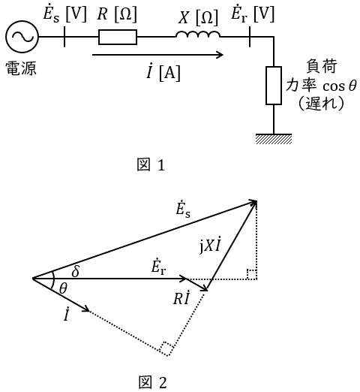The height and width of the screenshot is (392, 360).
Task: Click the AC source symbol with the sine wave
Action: (x=22, y=37)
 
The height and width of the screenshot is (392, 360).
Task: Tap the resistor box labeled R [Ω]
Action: (x=118, y=37)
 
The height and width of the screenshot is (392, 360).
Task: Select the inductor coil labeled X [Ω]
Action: (x=198, y=35)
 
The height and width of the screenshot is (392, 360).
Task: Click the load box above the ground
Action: (x=274, y=86)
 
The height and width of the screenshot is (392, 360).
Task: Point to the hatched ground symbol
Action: (x=274, y=139)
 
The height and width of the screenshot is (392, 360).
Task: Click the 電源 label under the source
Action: (x=21, y=68)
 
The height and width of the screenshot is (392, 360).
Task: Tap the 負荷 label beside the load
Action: (x=322, y=66)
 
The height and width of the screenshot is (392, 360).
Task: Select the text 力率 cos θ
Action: (x=321, y=86)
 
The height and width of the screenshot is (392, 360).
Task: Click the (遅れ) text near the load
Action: (x=321, y=103)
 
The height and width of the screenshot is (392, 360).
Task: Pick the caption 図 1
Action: (x=151, y=164)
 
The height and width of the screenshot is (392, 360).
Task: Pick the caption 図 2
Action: (x=152, y=382)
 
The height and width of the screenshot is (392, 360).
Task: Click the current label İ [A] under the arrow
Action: (x=163, y=73)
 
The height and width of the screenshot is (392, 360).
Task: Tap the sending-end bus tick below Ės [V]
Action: (x=64, y=37)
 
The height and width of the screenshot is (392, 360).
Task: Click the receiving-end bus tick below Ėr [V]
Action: (x=250, y=37)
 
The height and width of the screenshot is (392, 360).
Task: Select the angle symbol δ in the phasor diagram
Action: (x=76, y=270)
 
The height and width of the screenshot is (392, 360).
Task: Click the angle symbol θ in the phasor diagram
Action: (x=63, y=288)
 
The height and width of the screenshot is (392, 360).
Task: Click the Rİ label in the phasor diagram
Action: (x=181, y=297)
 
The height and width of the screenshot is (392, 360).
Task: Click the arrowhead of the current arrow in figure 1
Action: (x=220, y=55)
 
